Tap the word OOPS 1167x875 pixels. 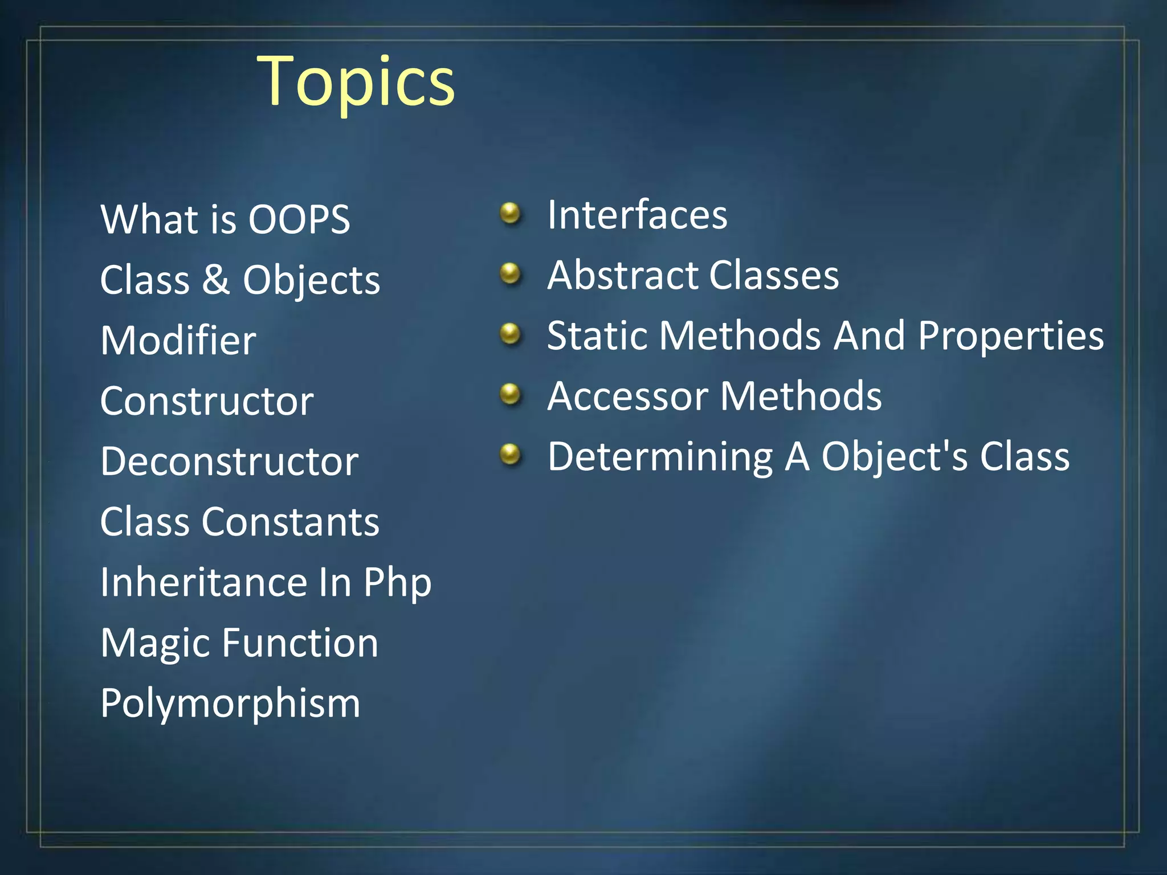pyautogui.click(x=299, y=219)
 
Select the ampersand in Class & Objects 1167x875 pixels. pyautogui.click(x=216, y=280)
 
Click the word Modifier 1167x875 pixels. pyautogui.click(x=178, y=341)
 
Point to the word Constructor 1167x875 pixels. pyautogui.click(x=207, y=401)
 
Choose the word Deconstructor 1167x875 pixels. pyautogui.click(x=229, y=461)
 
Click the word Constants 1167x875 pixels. pyautogui.click(x=290, y=522)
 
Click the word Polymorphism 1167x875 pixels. pyautogui.click(x=230, y=704)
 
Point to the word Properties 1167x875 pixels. pyautogui.click(x=1011, y=336)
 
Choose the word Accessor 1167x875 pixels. pyautogui.click(x=627, y=396)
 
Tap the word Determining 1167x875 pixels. pyautogui.click(x=660, y=457)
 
